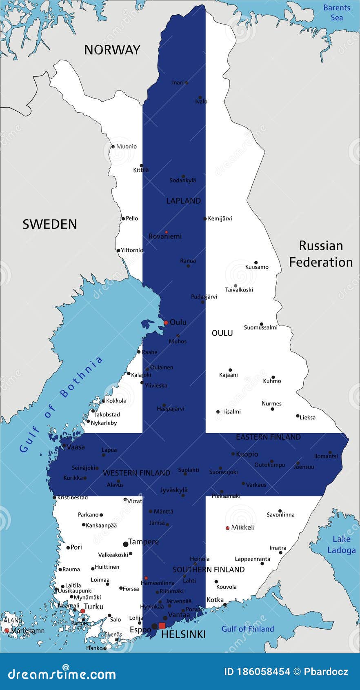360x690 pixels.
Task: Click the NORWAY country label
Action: (112, 50)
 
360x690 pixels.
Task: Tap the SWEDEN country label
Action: (49, 224)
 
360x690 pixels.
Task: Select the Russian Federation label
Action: (321, 254)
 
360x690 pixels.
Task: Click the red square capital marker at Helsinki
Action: (162, 626)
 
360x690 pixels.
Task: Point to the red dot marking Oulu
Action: (166, 323)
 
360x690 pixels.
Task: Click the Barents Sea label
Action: (337, 12)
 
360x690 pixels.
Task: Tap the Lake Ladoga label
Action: (341, 545)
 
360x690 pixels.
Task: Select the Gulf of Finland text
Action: (247, 629)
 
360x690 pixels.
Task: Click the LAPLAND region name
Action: (183, 201)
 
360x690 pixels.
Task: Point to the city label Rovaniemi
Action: (165, 236)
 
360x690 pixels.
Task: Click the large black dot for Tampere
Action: (126, 544)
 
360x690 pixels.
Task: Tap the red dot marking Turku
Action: (82, 611)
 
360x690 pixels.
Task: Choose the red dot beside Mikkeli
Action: (227, 528)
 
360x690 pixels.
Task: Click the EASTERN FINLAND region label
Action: (268, 437)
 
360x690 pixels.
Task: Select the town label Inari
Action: (178, 82)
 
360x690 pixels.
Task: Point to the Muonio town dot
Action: (113, 147)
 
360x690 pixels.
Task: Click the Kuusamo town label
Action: (257, 267)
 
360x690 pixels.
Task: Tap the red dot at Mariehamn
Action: (7, 630)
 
